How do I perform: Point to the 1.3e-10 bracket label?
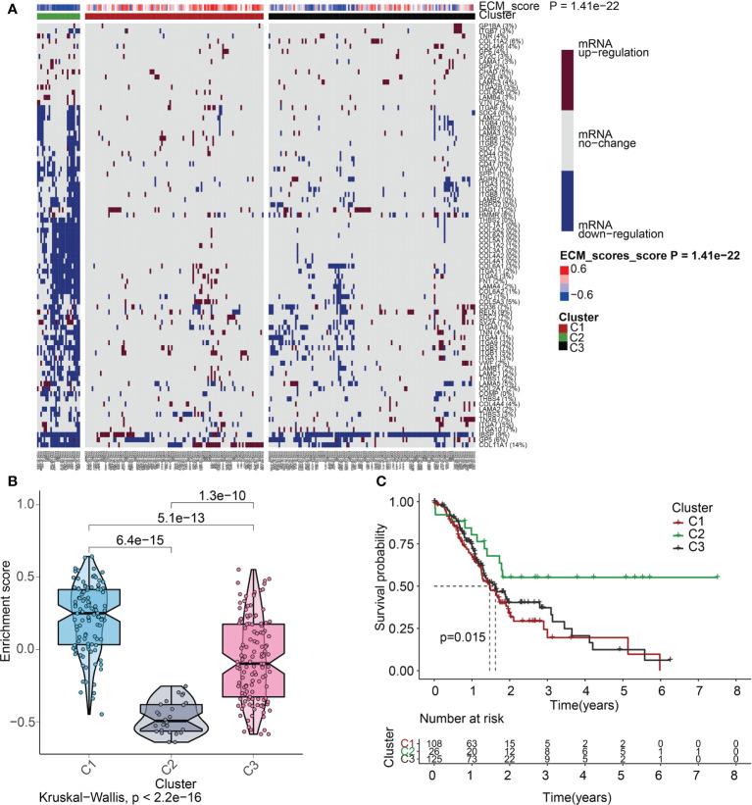[225, 493]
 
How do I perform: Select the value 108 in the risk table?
[438, 742]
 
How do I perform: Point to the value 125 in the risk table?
[438, 760]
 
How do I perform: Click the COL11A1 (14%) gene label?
[503, 449]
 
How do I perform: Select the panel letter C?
[393, 481]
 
